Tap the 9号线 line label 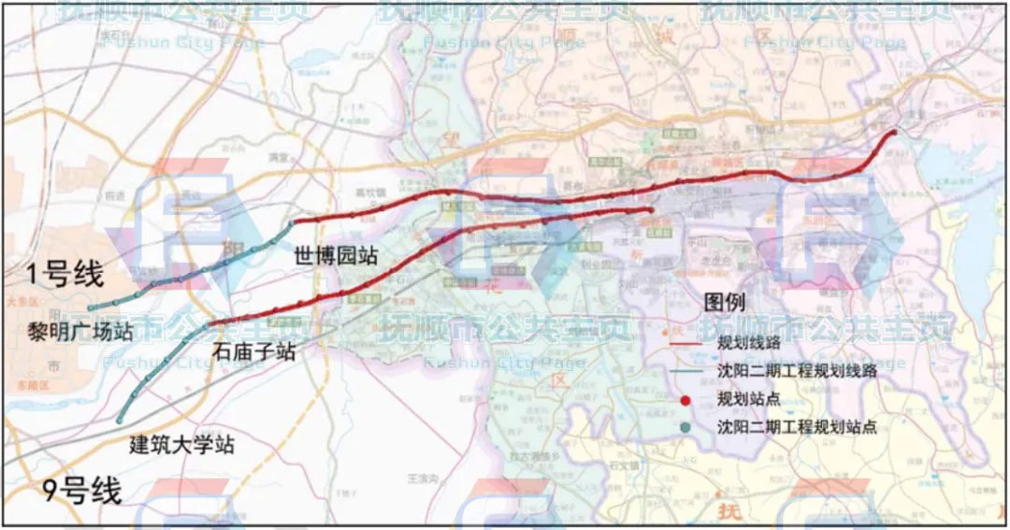pos(82,490)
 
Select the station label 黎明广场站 pos(79,332)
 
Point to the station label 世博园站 pos(336,255)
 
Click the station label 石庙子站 pos(254,351)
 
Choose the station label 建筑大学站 pos(181,445)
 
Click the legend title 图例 pos(724,303)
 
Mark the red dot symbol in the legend pos(685,400)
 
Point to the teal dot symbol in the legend pos(685,427)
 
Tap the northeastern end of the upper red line pos(893,132)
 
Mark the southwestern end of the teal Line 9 pos(120,420)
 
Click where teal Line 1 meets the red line pos(293,222)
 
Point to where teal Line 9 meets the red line pos(213,324)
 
